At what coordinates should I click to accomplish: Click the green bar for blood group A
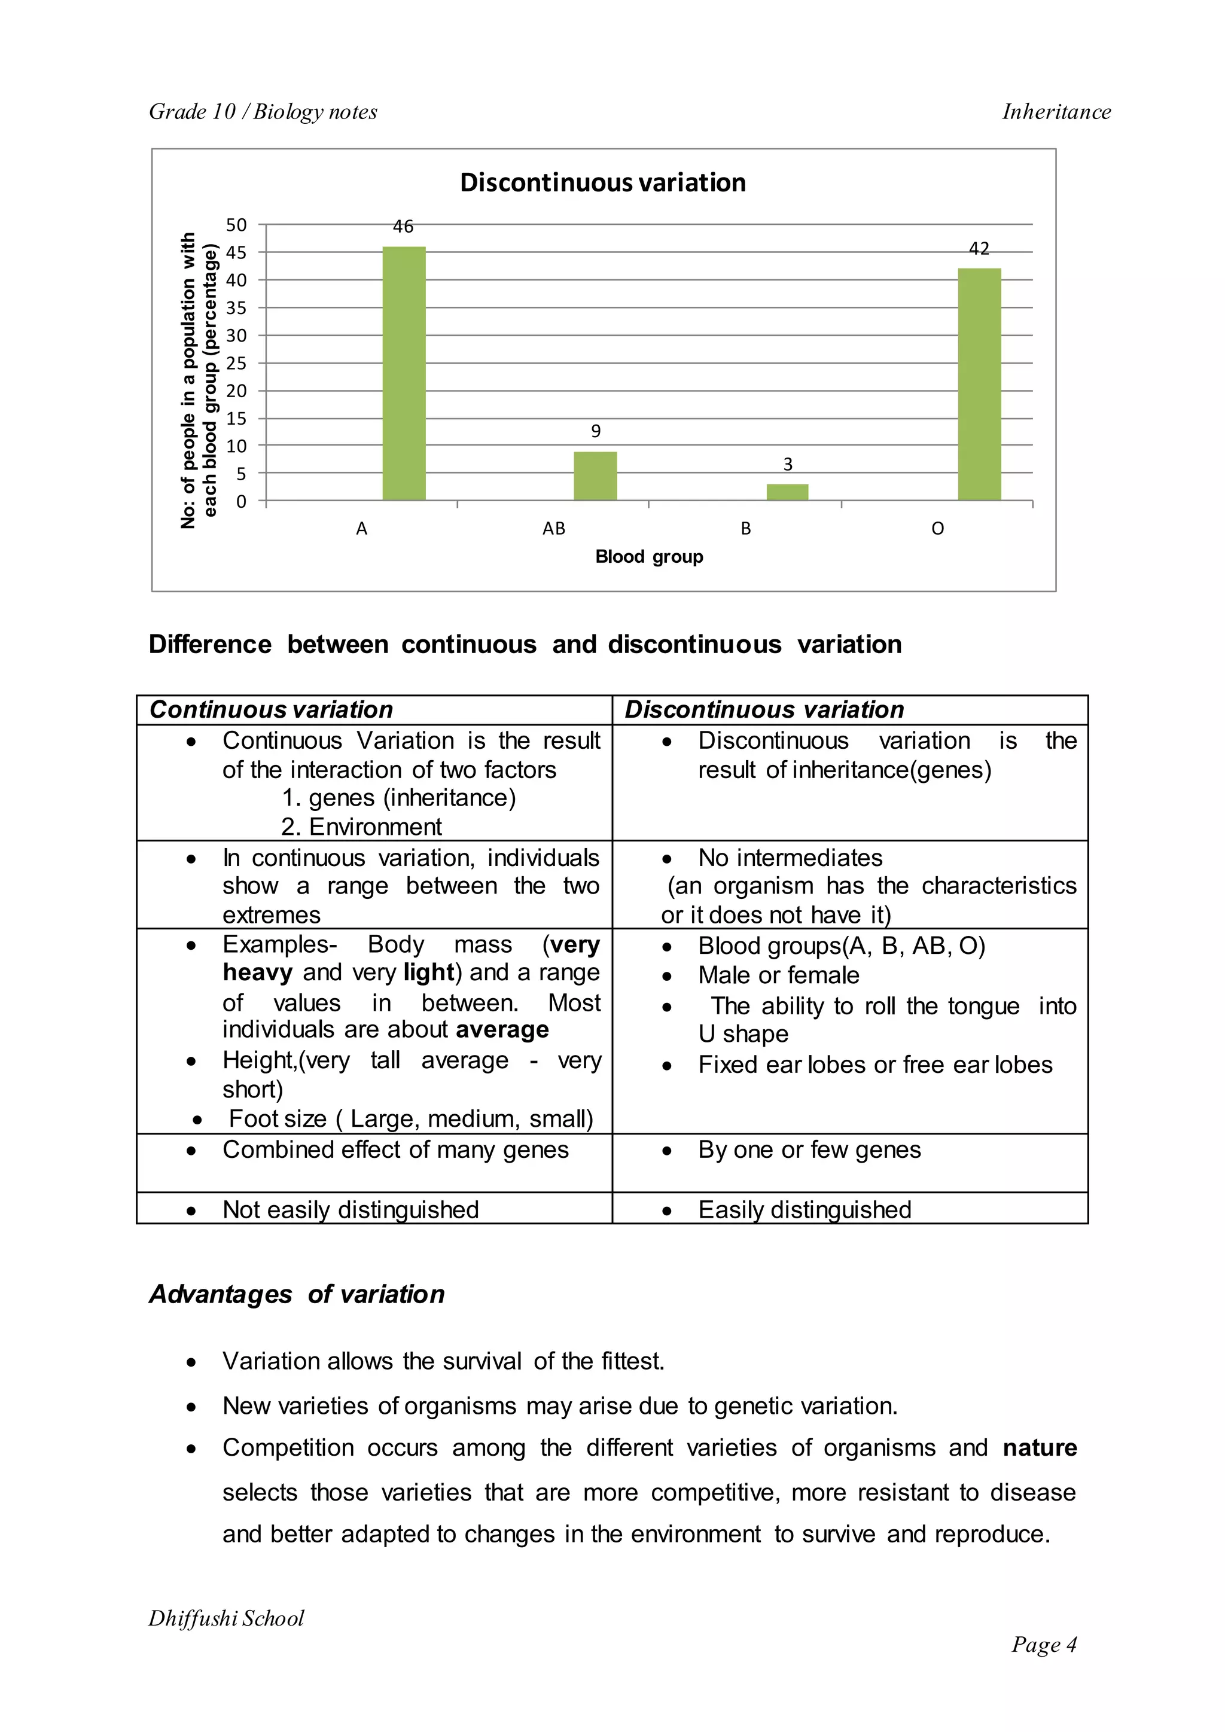[x=404, y=373]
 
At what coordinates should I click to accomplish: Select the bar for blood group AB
[x=595, y=476]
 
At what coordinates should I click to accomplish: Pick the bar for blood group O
[x=979, y=384]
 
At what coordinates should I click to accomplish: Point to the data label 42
[x=979, y=248]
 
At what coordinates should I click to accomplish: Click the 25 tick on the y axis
[x=236, y=363]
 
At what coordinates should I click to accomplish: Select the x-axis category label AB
[x=554, y=529]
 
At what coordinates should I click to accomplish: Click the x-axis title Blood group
[x=649, y=557]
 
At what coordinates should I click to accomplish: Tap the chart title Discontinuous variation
[x=603, y=182]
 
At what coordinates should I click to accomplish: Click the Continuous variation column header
[x=272, y=710]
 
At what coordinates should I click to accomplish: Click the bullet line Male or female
[x=778, y=975]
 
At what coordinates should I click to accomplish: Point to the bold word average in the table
[x=502, y=1030]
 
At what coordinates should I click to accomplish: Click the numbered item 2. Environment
[x=361, y=827]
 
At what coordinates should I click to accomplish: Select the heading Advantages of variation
[x=297, y=1294]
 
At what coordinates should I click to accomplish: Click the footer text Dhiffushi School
[x=226, y=1618]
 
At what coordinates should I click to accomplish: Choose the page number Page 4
[x=1044, y=1645]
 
